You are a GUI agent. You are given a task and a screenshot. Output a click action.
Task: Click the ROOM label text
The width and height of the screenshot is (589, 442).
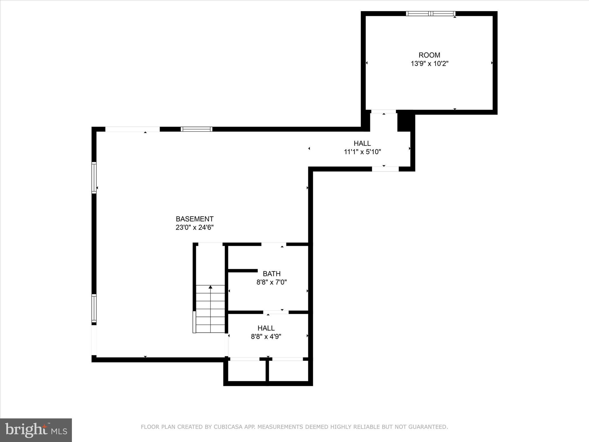point(429,55)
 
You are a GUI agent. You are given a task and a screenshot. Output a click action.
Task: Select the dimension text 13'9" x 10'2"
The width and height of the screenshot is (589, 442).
point(429,64)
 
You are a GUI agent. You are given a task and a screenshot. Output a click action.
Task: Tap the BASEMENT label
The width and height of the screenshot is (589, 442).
point(194,219)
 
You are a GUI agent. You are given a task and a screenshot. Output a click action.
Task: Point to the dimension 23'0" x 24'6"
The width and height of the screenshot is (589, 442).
point(194,228)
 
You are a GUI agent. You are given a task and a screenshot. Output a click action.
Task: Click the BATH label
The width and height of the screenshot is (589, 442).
point(271,274)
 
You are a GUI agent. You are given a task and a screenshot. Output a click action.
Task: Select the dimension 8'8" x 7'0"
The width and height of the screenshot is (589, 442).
point(271,282)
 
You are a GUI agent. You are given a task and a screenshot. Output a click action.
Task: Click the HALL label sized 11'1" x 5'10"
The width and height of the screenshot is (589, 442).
point(362,143)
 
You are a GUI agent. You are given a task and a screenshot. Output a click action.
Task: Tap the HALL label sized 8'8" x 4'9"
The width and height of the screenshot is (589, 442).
point(266,328)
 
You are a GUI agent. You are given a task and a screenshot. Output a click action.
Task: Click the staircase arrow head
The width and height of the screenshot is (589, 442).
point(211,287)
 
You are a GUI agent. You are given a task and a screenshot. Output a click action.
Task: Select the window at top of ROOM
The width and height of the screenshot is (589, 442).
point(431,14)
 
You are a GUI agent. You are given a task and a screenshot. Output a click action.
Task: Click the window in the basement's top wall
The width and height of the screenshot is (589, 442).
point(196,129)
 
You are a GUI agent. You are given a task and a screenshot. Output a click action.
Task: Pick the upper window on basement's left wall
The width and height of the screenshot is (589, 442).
point(94,178)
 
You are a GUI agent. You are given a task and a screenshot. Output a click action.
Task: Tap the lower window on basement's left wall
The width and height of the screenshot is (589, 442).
point(94,308)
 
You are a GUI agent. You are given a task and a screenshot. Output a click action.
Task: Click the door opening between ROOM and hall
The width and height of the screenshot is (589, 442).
point(383,112)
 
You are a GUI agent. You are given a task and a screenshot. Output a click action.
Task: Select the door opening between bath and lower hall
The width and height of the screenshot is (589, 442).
point(276,312)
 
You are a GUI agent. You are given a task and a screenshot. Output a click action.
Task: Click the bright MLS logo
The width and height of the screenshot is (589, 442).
point(36,430)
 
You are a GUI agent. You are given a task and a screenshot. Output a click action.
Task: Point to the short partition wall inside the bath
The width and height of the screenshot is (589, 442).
point(243,270)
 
